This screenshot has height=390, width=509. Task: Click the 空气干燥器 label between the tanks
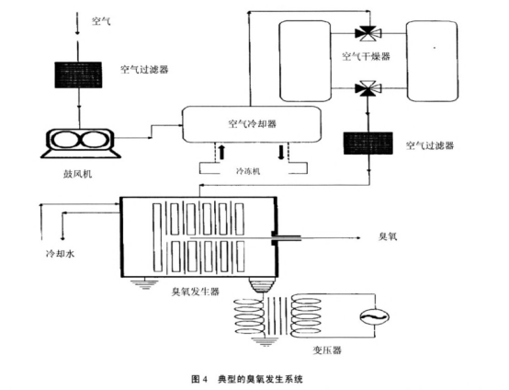[x=367, y=56]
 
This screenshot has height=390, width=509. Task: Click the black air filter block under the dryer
[x=368, y=145]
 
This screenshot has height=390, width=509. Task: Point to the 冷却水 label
[x=49, y=250]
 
